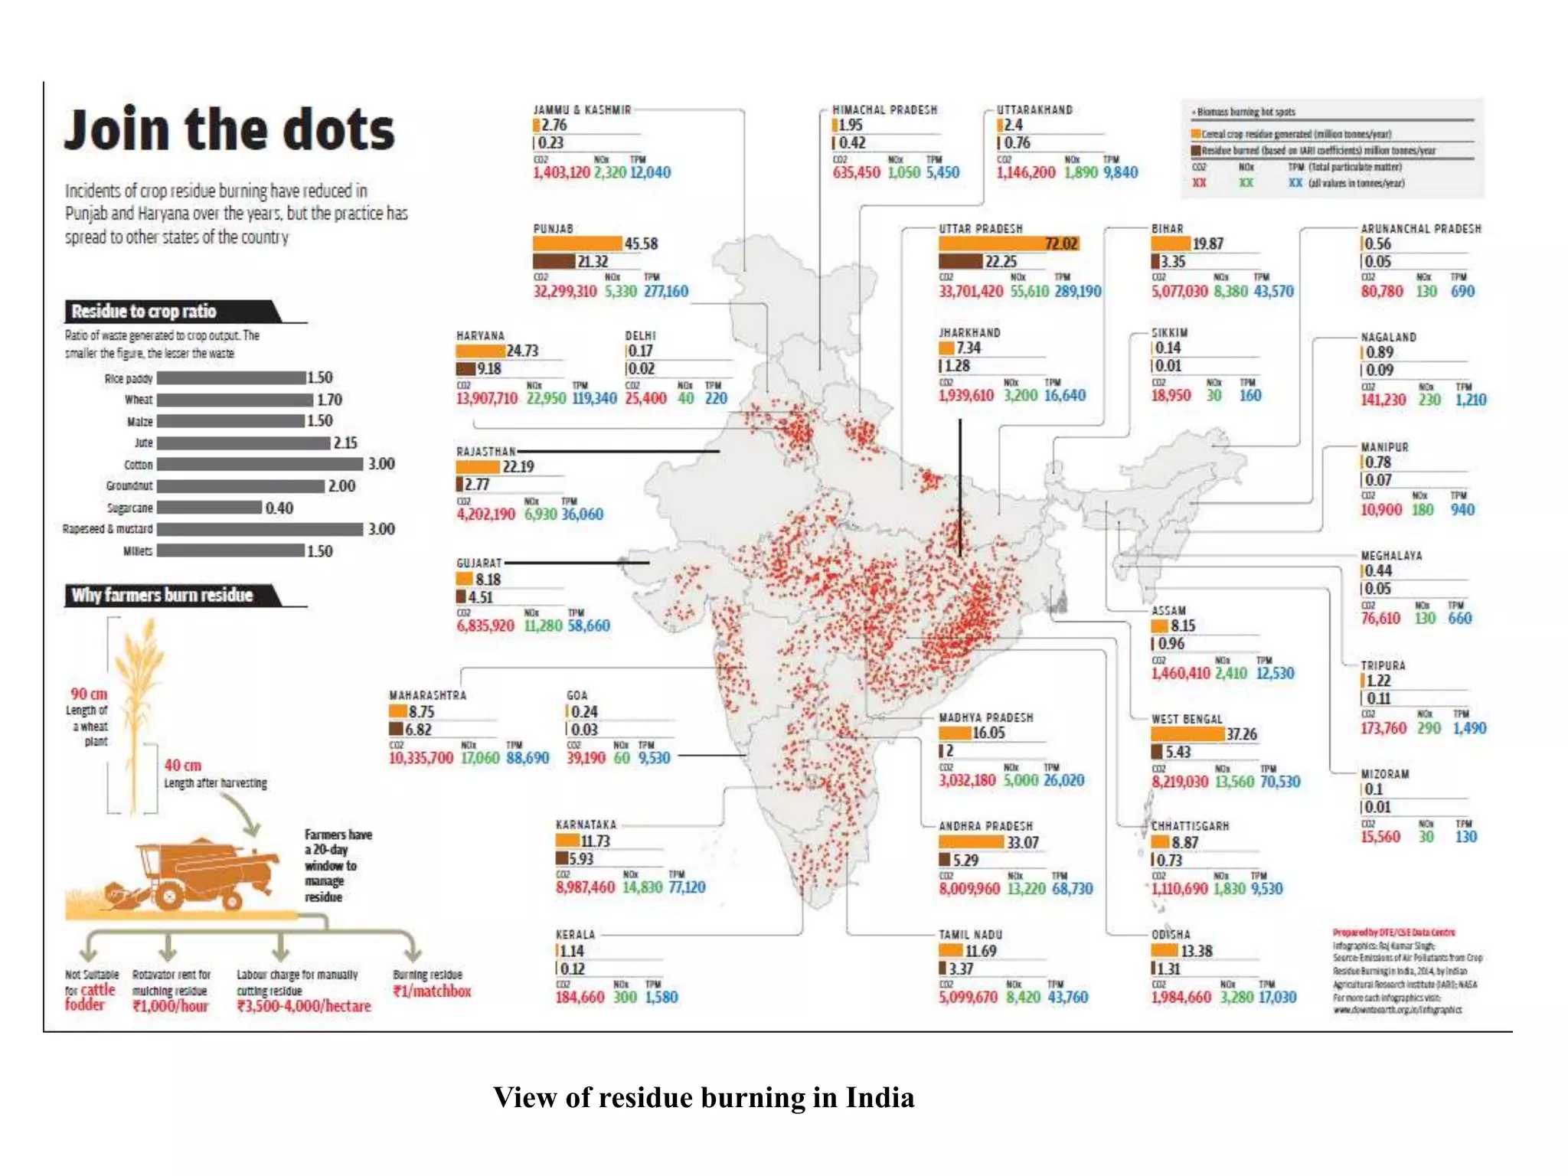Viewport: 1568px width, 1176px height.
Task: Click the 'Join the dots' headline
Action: (229, 130)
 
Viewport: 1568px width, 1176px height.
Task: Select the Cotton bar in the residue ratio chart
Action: (260, 464)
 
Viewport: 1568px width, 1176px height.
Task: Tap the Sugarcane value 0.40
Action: (279, 508)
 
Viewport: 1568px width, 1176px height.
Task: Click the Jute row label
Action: (143, 443)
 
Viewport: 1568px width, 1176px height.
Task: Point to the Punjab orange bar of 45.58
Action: (577, 243)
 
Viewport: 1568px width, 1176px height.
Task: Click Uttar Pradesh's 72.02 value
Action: (1061, 243)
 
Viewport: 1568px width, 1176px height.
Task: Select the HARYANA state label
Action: (480, 336)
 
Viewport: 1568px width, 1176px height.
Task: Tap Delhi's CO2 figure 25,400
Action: (645, 398)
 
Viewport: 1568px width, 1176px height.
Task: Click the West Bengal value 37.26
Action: (1241, 734)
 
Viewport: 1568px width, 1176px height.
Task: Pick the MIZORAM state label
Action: (1384, 774)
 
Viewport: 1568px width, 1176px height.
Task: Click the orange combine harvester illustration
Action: (195, 877)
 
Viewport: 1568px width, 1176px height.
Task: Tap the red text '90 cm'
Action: (89, 694)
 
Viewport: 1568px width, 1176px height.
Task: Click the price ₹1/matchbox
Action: (432, 991)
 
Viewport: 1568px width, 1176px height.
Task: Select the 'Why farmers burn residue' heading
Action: (162, 596)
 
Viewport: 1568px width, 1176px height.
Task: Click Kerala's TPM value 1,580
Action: (661, 997)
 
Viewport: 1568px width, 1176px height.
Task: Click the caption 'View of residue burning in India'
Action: (703, 1097)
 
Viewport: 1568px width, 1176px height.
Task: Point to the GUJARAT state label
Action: (479, 563)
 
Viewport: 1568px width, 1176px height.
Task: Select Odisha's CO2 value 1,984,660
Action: (1181, 997)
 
